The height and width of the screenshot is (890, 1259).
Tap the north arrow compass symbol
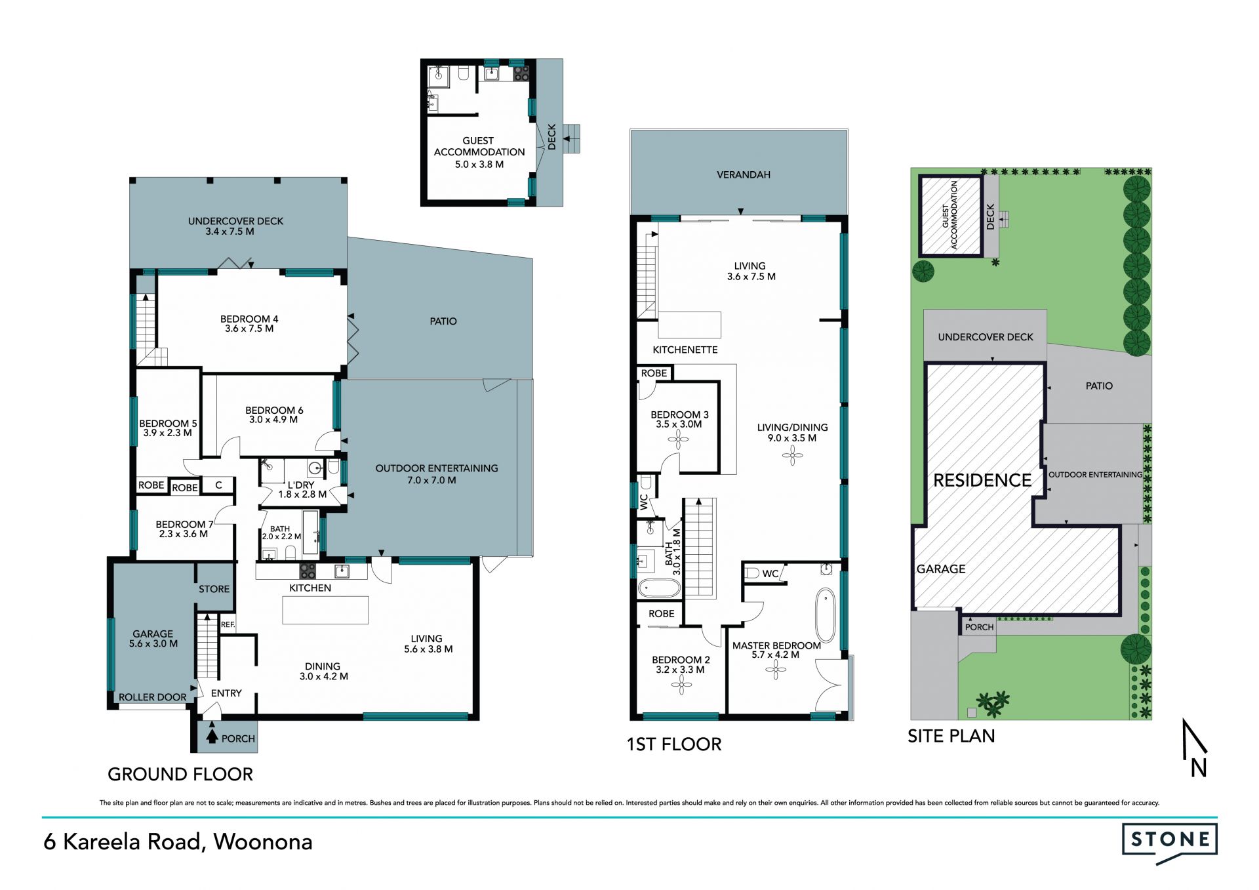1195,748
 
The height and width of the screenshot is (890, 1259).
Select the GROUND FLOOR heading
180,775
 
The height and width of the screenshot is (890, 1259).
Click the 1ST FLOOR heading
674,744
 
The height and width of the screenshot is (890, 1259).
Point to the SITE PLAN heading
951,737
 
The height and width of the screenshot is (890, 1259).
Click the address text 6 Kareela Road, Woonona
178,842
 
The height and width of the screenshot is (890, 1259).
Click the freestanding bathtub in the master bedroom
826,615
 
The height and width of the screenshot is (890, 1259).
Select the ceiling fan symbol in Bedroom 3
678,439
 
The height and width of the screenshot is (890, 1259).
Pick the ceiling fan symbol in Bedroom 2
682,685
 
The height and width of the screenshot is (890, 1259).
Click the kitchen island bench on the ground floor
325,610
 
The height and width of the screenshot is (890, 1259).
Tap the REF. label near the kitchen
228,624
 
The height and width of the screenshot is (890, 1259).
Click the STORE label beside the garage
214,589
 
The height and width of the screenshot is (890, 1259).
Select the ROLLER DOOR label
153,697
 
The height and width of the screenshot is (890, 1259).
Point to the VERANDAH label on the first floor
744,175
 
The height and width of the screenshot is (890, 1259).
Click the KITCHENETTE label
685,350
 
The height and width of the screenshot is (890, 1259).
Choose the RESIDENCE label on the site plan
982,481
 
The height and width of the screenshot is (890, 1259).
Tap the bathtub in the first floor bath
660,588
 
